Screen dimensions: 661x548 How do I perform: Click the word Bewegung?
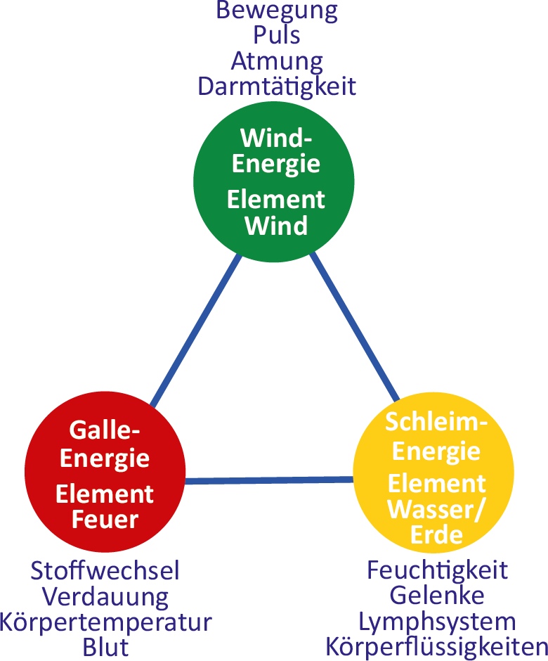[277, 11]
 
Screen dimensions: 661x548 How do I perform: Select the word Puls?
[277, 36]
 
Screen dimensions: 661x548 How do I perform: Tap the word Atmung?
[277, 61]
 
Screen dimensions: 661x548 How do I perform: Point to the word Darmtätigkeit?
[277, 86]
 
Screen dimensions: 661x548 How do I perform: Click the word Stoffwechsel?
[105, 570]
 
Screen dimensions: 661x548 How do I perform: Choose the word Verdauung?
[105, 596]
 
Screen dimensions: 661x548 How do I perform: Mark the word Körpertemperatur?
[105, 622]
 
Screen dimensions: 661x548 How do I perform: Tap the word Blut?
[105, 646]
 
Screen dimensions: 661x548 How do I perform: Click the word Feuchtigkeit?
[437, 570]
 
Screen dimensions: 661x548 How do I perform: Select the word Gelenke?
[437, 595]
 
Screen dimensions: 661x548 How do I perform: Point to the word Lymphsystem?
[437, 621]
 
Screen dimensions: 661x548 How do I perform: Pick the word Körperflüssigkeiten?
[437, 646]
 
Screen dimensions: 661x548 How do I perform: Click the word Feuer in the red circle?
[105, 520]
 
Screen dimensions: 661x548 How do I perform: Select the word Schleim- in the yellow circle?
[436, 423]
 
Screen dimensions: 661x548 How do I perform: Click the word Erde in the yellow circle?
[436, 535]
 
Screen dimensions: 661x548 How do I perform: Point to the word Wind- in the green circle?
[276, 136]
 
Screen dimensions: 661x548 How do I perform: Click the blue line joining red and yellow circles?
[269, 480]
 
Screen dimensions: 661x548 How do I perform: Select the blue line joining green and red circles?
[196, 330]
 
